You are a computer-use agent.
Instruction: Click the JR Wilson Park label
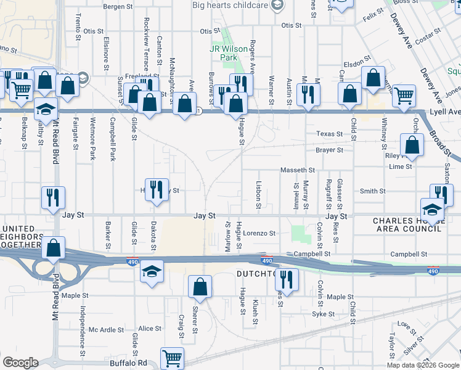pyautogui.click(x=223, y=53)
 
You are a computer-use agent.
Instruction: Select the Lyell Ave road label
pyautogui.click(x=446, y=112)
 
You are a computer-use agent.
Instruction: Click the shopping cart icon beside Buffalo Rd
pyautogui.click(x=172, y=357)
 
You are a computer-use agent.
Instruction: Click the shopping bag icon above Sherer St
pyautogui.click(x=200, y=286)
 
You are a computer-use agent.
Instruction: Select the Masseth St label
pyautogui.click(x=298, y=170)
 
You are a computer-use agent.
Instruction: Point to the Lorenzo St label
pyautogui.click(x=258, y=234)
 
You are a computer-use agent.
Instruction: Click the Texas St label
pyautogui.click(x=330, y=134)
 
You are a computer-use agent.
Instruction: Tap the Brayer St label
pyautogui.click(x=330, y=150)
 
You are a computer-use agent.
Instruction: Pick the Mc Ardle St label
pyautogui.click(x=106, y=329)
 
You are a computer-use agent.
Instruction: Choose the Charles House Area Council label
pyautogui.click(x=407, y=224)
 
